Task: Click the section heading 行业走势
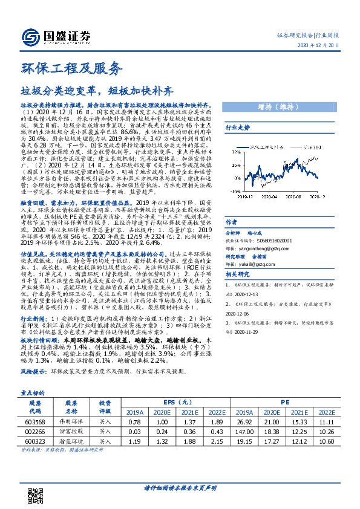237,128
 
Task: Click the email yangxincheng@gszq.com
266,247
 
